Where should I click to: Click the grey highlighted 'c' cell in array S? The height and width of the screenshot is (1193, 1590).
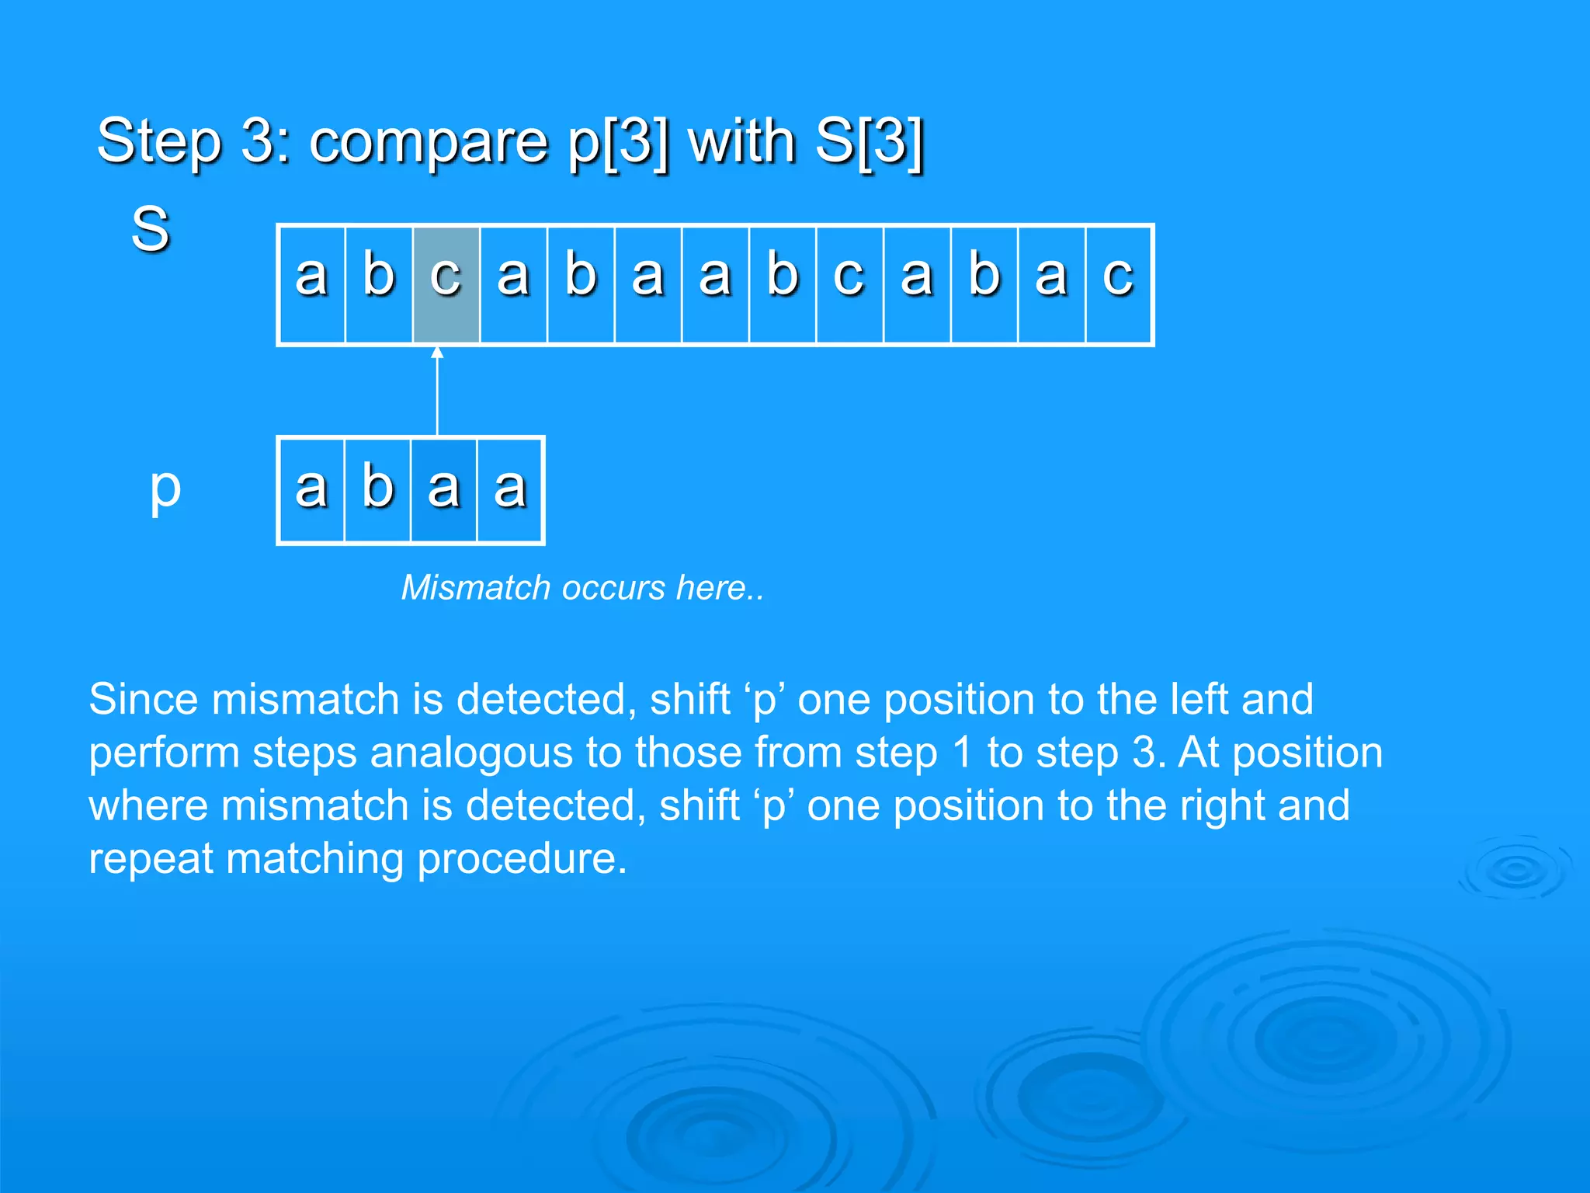pyautogui.click(x=446, y=284)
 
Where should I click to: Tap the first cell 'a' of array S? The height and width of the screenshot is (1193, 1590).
pyautogui.click(x=311, y=284)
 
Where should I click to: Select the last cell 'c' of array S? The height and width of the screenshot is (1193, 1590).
pyautogui.click(x=1118, y=284)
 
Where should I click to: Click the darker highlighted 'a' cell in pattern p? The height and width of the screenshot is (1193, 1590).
pyautogui.click(x=443, y=490)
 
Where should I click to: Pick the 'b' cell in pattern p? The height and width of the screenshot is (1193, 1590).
pyautogui.click(x=377, y=490)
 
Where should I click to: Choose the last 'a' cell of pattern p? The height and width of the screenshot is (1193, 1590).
pyautogui.click(x=510, y=490)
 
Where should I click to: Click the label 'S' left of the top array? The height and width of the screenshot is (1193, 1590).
pyautogui.click(x=150, y=229)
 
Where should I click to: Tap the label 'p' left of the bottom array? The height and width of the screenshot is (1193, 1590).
pyautogui.click(x=165, y=489)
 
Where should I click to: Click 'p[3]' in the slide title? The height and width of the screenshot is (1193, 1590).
pyautogui.click(x=618, y=142)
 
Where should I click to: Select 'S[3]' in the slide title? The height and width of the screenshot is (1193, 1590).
pyautogui.click(x=869, y=142)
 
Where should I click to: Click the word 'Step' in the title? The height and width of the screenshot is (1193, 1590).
pyautogui.click(x=159, y=142)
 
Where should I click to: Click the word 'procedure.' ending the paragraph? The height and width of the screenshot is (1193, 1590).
pyautogui.click(x=522, y=859)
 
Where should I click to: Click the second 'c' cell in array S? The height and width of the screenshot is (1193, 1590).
pyautogui.click(x=849, y=284)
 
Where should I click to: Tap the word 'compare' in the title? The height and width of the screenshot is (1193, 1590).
pyautogui.click(x=428, y=142)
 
